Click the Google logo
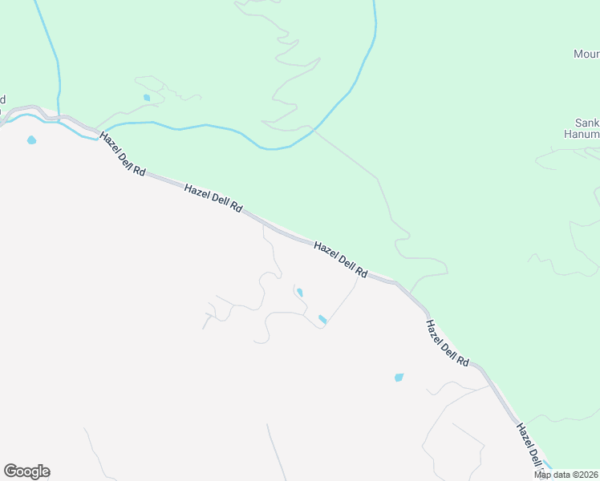coord(26,471)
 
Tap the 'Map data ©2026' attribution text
coord(566,475)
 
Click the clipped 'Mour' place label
coord(586,55)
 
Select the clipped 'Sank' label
coord(588,123)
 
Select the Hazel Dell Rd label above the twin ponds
coord(340,260)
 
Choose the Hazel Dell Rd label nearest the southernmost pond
coord(447,343)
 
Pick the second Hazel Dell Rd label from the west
coord(213,198)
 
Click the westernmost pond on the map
coord(31,140)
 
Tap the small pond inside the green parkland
coord(147,98)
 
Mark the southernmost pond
coord(399,377)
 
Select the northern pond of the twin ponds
coord(299,293)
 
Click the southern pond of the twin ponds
coord(322,319)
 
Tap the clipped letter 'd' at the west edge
coord(2,100)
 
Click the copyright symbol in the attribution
coord(578,475)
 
